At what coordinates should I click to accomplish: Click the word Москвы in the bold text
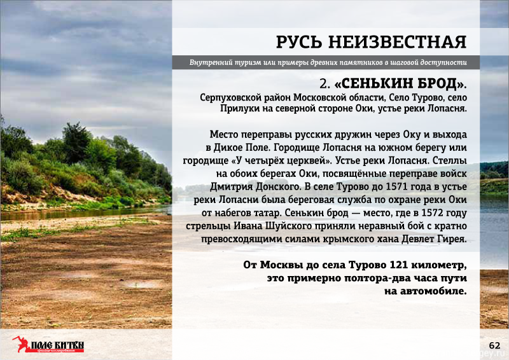(x=282, y=265)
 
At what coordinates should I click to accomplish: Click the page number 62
(x=494, y=345)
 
